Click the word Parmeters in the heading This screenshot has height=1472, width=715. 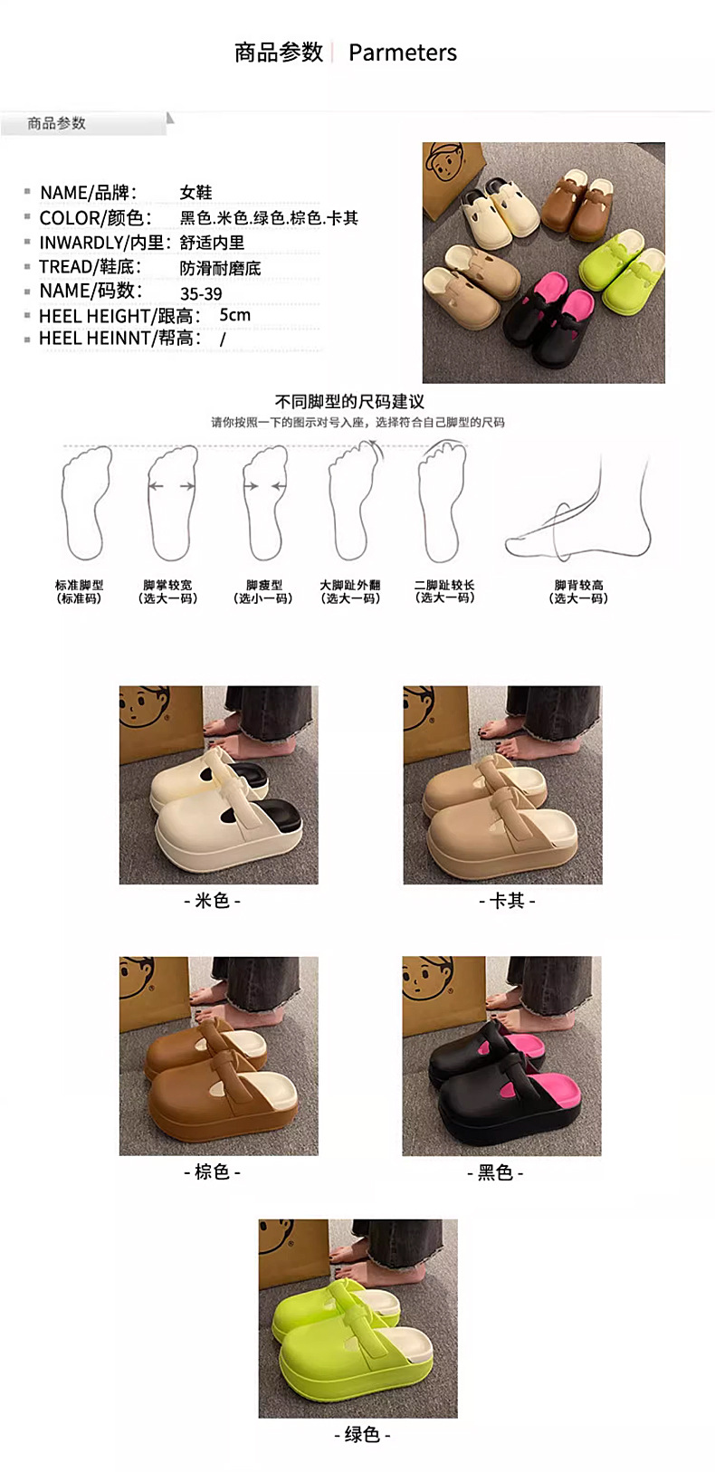[402, 53]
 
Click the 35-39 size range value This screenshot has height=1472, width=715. [201, 293]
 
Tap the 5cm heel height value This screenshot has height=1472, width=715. [234, 315]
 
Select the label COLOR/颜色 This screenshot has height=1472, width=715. [95, 217]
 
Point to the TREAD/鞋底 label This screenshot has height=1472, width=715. [90, 267]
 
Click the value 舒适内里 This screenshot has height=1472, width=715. [213, 243]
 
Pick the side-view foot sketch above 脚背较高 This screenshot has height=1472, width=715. [579, 510]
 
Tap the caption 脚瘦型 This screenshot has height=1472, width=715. [264, 584]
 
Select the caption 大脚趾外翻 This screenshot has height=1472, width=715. [349, 584]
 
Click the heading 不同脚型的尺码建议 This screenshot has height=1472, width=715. [349, 402]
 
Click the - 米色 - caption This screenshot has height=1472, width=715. [213, 900]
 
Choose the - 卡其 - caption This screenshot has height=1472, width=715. [507, 900]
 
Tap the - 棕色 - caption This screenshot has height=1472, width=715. [213, 1171]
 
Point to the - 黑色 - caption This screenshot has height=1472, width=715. [495, 1172]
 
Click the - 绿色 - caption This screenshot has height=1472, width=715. [362, 1434]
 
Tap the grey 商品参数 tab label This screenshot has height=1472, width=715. [56, 123]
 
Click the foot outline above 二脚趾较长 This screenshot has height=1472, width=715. [443, 501]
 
